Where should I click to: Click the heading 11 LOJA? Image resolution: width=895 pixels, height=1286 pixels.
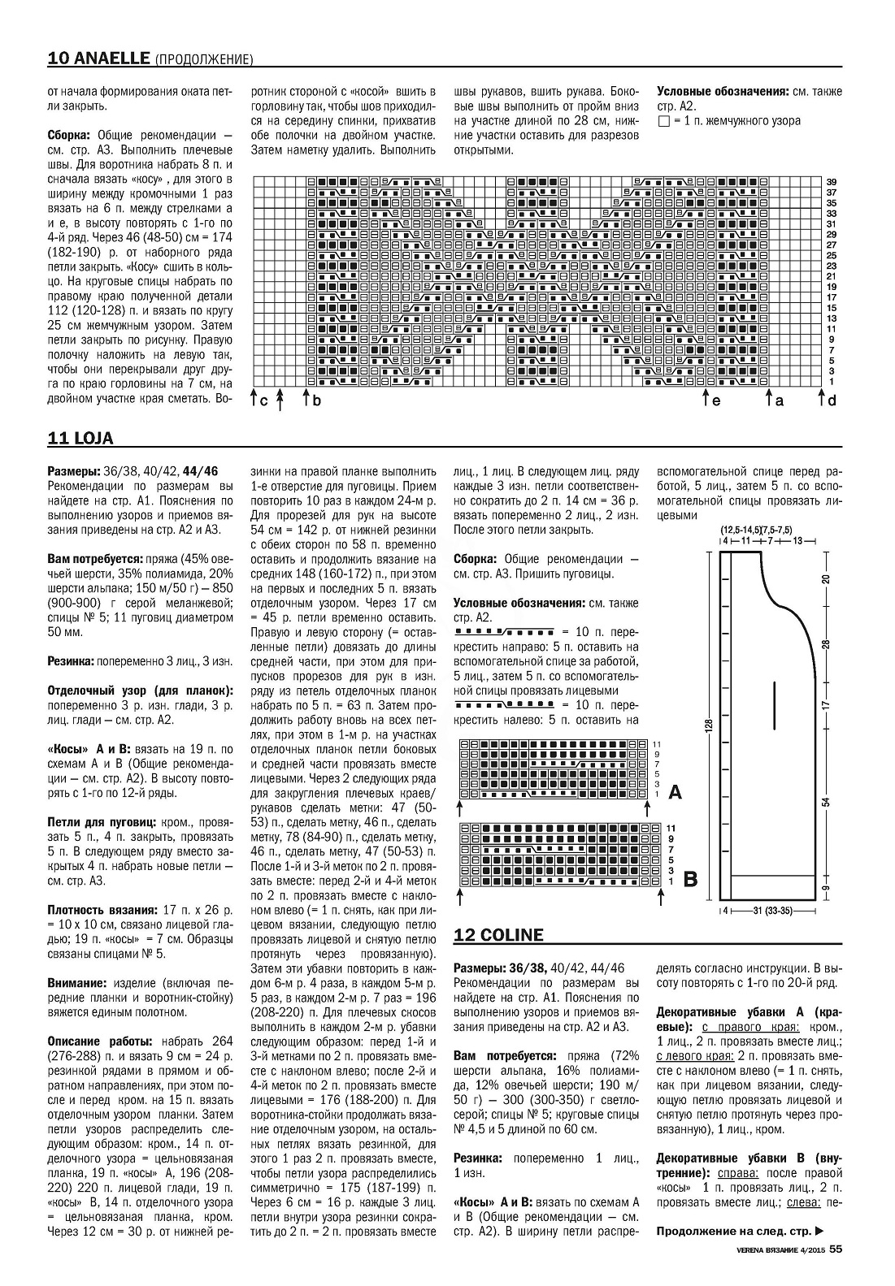coord(80,439)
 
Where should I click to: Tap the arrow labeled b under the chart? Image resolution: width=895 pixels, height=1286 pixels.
coord(306,399)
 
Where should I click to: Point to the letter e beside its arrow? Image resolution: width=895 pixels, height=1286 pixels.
coord(716,401)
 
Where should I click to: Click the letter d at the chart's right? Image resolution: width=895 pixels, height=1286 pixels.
coord(832,401)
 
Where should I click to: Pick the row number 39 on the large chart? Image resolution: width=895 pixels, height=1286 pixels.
coord(832,181)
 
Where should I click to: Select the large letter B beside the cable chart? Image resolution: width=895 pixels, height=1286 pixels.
coord(690,879)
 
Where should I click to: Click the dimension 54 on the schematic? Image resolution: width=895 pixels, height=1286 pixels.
coord(826,802)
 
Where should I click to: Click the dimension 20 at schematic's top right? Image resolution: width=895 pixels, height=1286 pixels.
coord(826,579)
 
